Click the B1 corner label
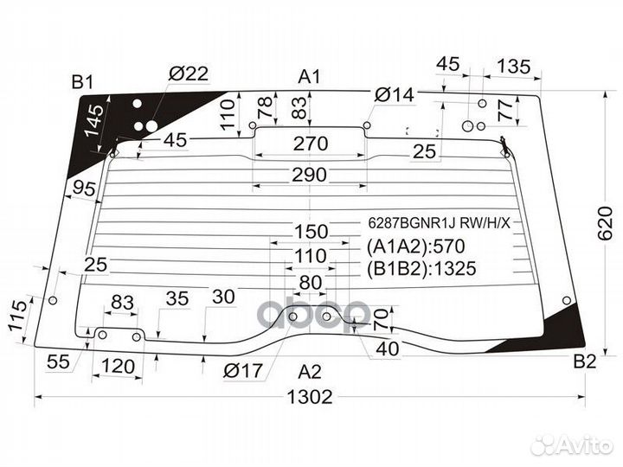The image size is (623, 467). pos(82,82)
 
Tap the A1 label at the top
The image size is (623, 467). pos(310,77)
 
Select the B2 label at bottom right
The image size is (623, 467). pos(585,361)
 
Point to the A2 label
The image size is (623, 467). pos(309,373)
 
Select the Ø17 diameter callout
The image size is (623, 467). pos(243,373)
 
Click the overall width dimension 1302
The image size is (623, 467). pos(309,398)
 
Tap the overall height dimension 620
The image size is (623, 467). pos(606,222)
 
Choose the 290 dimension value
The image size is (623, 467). pos(309,175)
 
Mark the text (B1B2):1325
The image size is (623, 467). pos(421,268)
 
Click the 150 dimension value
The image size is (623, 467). pos(310,231)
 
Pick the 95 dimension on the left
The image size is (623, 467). pos(85,189)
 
